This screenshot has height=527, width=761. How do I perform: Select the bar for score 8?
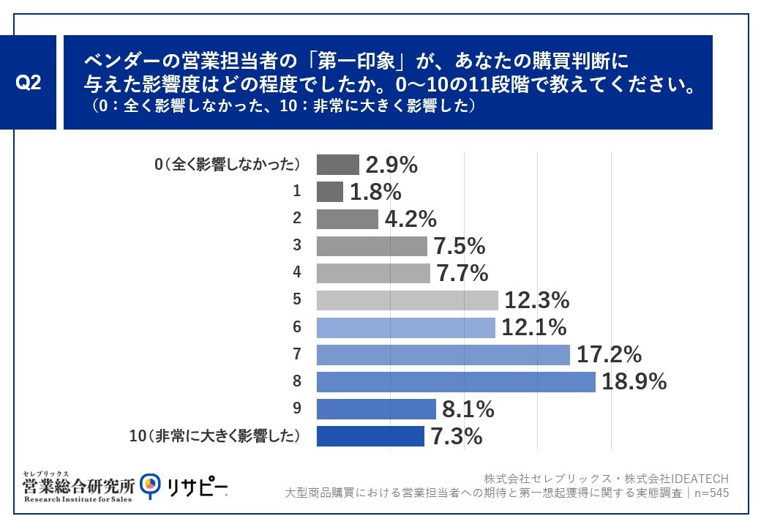[x=456, y=382]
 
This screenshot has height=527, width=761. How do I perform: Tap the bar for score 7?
[x=443, y=355]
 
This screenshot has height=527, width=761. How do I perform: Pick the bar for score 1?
[x=330, y=192]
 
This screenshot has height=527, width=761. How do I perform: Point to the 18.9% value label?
[x=634, y=381]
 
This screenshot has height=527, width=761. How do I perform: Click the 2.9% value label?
[x=391, y=165]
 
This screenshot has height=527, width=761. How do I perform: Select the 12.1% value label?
[x=535, y=327]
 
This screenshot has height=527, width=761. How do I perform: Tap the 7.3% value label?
[x=457, y=436]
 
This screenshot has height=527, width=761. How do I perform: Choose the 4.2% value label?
[x=411, y=219]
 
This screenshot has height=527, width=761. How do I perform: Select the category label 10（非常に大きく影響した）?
[x=215, y=436]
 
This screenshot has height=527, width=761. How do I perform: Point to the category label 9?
[x=297, y=409]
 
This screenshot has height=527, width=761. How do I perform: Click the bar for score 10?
[x=370, y=436]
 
